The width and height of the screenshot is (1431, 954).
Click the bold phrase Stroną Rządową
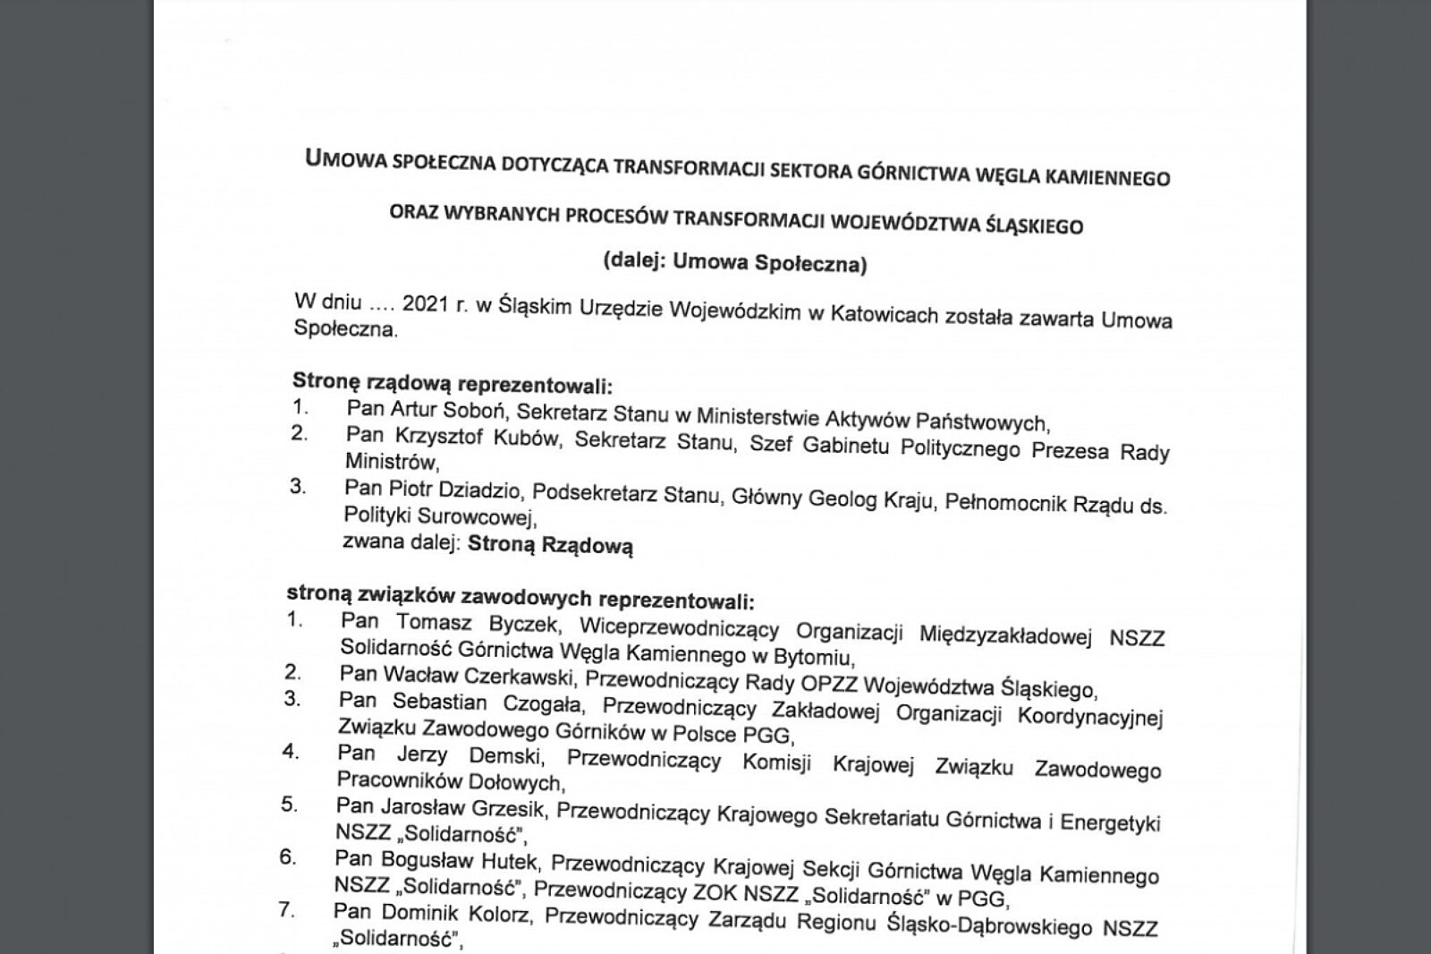pos(550,545)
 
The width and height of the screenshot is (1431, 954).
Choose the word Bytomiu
pos(810,658)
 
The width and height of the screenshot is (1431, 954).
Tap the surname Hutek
pos(512,862)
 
